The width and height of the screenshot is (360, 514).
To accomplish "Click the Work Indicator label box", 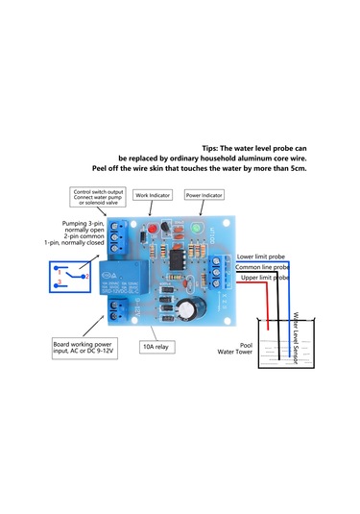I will coord(153,194).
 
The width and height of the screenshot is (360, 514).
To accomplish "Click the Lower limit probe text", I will coord(260,257).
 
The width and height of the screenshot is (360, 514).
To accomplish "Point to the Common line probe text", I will coord(262,267).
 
